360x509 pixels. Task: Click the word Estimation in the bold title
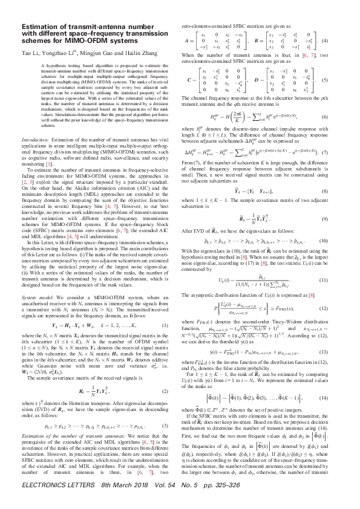(x=38, y=26)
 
